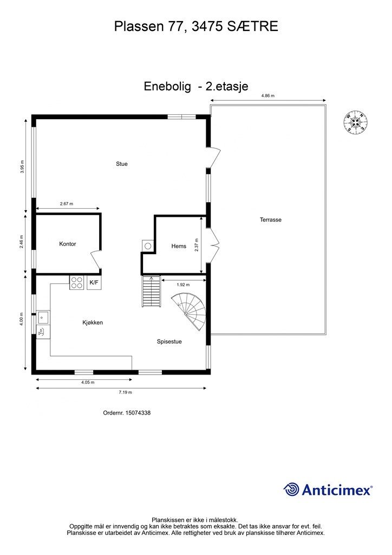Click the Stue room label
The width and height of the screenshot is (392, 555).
pos(122,164)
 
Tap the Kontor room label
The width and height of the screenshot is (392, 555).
pos(68,244)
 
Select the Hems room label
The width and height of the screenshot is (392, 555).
pos(179,246)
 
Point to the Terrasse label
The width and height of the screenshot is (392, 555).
pos(271,220)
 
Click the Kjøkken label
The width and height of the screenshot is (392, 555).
pos(93,322)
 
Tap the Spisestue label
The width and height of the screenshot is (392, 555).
pos(169,342)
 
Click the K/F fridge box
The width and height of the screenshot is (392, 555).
pos(94,282)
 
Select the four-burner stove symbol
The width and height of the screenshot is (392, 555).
pos(76,282)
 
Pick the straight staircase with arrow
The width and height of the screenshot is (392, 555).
pos(151,292)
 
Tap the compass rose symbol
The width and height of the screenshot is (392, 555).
pos(355,122)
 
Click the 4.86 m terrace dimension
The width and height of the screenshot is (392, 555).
pos(268,95)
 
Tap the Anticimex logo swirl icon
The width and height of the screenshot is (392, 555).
pos(292,489)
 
